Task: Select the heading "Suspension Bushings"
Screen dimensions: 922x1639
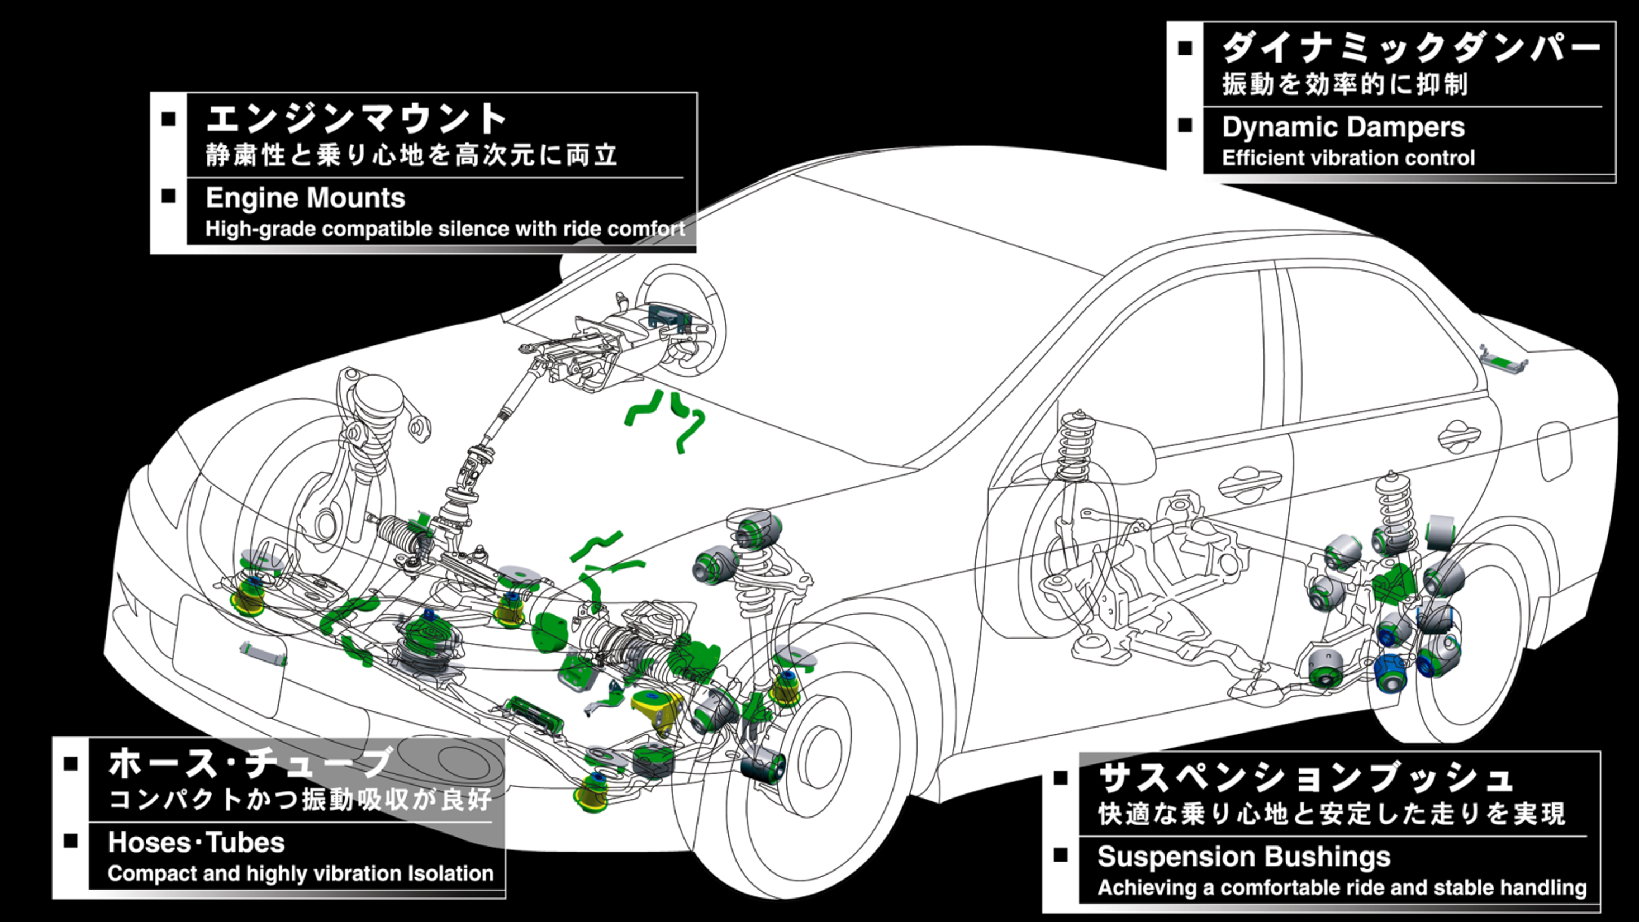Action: [x=1243, y=857]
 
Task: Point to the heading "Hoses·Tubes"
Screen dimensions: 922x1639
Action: [x=196, y=843]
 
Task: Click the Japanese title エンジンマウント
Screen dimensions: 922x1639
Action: [x=357, y=120]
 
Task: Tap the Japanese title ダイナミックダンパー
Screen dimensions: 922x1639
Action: [x=1409, y=49]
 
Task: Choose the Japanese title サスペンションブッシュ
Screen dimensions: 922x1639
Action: [x=1305, y=778]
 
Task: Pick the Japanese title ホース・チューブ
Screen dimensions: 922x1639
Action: [x=251, y=763]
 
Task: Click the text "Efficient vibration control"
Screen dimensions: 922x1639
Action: [x=1348, y=158]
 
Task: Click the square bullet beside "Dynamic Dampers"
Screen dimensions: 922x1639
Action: [x=1185, y=125]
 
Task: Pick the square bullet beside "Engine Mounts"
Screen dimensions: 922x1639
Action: [x=169, y=196]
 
